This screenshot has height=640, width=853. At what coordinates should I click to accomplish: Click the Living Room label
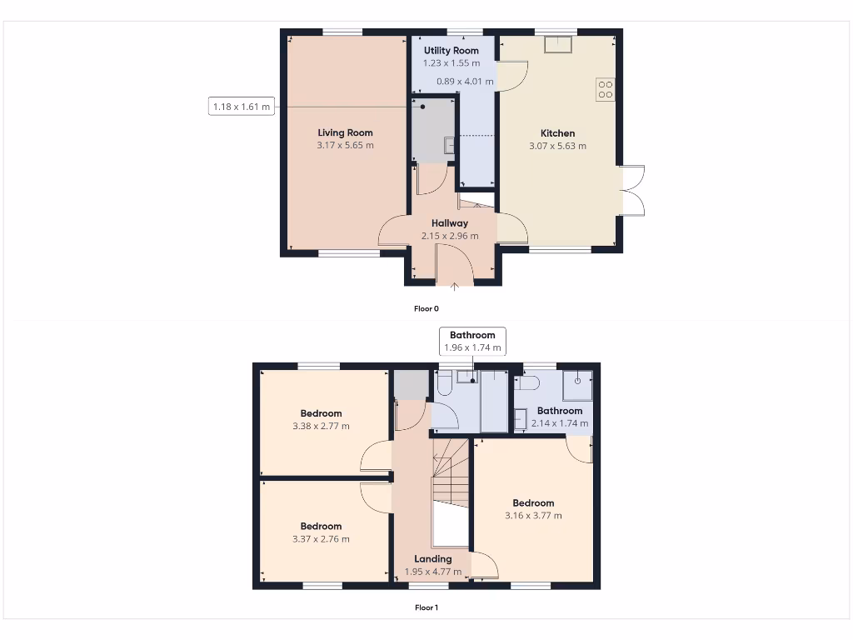[345, 132]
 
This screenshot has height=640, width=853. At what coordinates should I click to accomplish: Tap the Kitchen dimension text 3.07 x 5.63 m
[557, 146]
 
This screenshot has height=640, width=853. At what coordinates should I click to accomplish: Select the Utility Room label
[451, 51]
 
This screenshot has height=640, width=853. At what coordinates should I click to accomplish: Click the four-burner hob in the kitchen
[606, 89]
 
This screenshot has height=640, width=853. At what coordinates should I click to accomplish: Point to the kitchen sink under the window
[557, 44]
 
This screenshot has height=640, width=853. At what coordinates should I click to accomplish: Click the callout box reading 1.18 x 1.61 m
[242, 107]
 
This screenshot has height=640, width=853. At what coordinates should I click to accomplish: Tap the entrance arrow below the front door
[455, 288]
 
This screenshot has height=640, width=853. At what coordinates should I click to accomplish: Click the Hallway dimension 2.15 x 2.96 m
[450, 236]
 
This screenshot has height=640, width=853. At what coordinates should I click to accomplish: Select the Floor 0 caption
[426, 308]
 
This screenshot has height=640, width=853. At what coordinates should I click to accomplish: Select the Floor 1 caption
[426, 607]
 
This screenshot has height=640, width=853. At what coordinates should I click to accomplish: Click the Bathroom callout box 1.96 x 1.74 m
[472, 341]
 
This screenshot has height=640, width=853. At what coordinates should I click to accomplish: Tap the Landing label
[433, 559]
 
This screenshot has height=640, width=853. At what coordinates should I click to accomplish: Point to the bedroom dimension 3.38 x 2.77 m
[321, 426]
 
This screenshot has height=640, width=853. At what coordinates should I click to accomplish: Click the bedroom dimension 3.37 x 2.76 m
[321, 539]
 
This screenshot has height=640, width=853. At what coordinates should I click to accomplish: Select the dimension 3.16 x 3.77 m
[533, 515]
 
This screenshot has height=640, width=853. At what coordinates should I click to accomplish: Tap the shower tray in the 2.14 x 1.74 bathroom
[576, 385]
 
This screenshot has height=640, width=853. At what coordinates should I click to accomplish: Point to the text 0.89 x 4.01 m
[465, 82]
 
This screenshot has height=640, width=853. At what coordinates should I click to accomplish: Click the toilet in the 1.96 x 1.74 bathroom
[444, 383]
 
